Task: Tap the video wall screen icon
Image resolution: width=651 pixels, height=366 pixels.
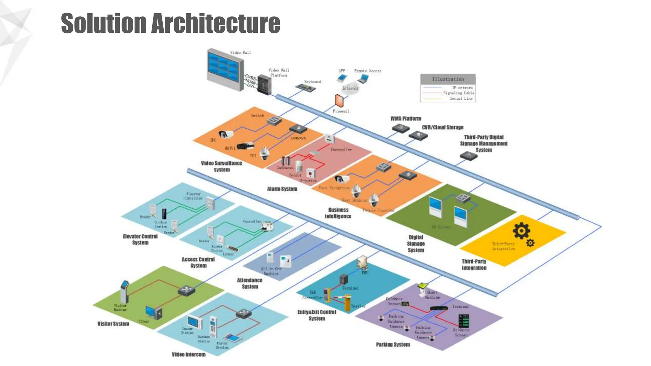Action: [224, 69]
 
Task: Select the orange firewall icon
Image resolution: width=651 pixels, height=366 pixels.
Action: [339, 100]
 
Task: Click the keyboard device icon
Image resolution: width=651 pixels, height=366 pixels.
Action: [305, 87]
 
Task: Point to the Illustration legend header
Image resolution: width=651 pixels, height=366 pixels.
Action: [448, 79]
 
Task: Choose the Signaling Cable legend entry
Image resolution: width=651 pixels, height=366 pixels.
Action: [458, 93]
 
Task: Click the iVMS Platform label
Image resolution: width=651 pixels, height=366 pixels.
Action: [406, 119]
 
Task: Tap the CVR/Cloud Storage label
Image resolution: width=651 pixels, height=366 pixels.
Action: [442, 127]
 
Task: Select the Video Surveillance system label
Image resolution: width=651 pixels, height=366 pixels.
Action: [222, 166]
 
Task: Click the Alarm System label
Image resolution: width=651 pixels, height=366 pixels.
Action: [282, 189]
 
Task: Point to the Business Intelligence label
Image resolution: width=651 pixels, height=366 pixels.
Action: [338, 213]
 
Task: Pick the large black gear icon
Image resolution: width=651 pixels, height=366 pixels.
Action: [521, 231]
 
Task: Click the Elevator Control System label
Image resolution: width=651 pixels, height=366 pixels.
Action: [140, 239]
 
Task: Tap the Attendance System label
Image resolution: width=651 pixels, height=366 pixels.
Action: [250, 283]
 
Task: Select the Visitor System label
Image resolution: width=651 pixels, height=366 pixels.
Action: [113, 323]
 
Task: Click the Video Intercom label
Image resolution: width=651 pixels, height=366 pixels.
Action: [188, 354]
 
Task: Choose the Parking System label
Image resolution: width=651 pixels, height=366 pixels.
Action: [393, 344]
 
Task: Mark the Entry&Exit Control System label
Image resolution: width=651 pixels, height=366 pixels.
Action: [317, 315]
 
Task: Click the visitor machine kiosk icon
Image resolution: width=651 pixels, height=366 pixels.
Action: [125, 291]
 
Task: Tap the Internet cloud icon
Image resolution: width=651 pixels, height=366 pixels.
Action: [350, 88]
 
